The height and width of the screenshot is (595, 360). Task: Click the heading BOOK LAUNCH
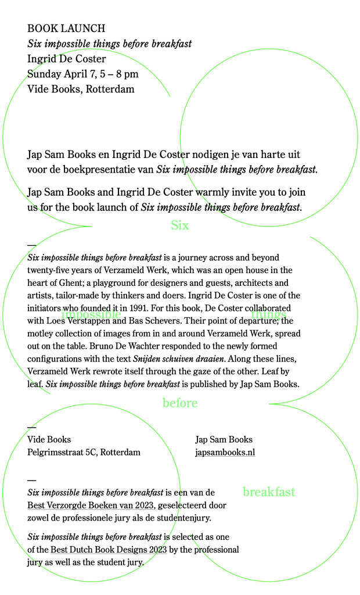pyautogui.click(x=66, y=28)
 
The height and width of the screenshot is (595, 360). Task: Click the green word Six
pyautogui.click(x=180, y=225)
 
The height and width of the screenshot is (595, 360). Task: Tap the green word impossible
pyautogui.click(x=91, y=314)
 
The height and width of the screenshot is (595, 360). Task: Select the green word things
pyautogui.click(x=268, y=314)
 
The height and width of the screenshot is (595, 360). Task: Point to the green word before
pyautogui.click(x=180, y=403)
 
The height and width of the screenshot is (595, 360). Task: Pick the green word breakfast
pyautogui.click(x=269, y=492)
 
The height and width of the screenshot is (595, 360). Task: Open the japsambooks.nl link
pyautogui.click(x=225, y=453)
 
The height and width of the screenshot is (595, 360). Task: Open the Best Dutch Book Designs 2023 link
pyautogui.click(x=109, y=550)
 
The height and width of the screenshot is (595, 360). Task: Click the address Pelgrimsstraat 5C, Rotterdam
pyautogui.click(x=84, y=453)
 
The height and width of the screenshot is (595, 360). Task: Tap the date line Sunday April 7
pyautogui.click(x=82, y=74)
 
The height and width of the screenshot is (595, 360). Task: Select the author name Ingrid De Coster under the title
pyautogui.click(x=66, y=59)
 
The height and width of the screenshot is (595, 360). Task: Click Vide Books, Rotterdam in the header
pyautogui.click(x=81, y=89)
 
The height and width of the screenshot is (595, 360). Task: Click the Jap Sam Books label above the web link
pyautogui.click(x=224, y=440)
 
